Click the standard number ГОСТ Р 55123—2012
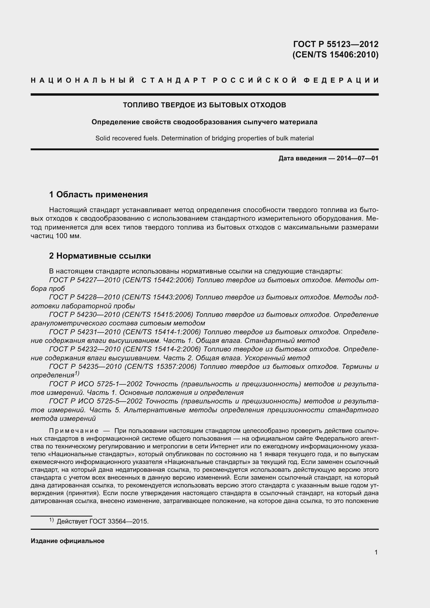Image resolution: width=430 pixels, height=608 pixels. [x=336, y=44]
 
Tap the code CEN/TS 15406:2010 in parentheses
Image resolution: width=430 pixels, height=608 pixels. [x=335, y=55]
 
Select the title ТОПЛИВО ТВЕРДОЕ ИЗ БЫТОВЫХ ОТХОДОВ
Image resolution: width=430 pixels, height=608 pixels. [x=204, y=105]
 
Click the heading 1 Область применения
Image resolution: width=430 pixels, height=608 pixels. [x=99, y=195]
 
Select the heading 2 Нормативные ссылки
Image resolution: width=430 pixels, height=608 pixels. [x=100, y=256]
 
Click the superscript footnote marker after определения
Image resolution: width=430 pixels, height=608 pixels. [x=77, y=373]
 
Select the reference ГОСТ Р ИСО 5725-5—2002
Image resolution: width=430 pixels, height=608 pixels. [x=96, y=401]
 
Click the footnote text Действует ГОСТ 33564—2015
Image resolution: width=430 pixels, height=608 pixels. [x=103, y=521]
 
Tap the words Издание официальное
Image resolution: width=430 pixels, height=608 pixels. [x=68, y=541]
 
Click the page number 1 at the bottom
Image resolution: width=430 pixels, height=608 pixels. [x=376, y=552]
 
